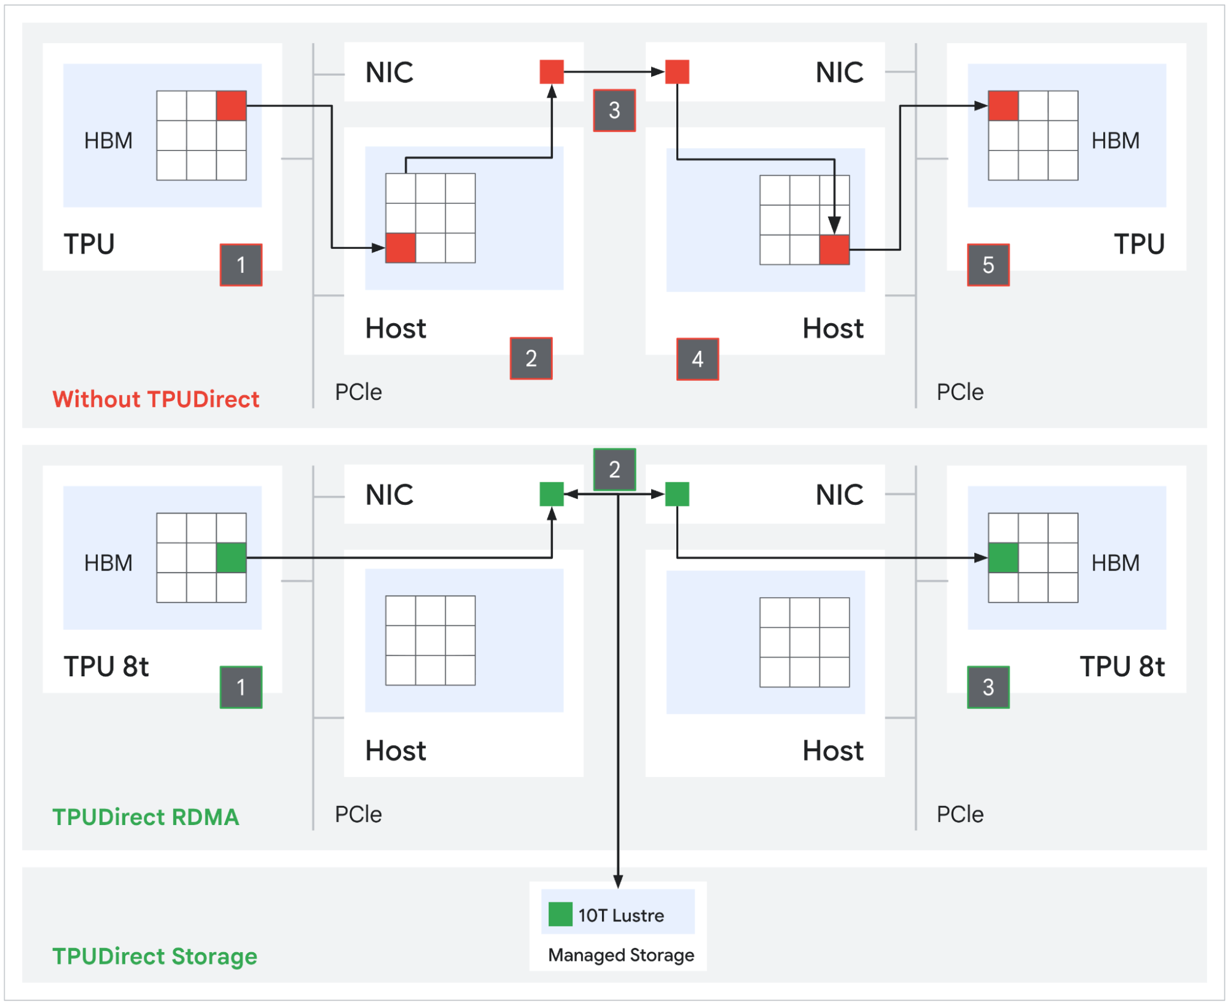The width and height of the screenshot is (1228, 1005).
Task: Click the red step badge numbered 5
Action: (x=988, y=265)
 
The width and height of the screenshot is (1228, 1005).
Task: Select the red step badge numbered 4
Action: (x=697, y=359)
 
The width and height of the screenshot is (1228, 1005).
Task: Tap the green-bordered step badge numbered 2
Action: (x=614, y=469)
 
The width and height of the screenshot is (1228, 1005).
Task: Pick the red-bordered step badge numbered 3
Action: (x=614, y=110)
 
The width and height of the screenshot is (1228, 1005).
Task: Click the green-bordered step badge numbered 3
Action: (x=988, y=687)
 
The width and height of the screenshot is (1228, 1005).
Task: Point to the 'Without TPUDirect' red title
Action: (x=155, y=399)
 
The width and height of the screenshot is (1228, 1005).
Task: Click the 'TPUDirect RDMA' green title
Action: (x=146, y=817)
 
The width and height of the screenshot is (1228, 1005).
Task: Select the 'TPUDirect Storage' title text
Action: (x=155, y=956)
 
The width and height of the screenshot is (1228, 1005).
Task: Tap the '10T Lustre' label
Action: (x=621, y=915)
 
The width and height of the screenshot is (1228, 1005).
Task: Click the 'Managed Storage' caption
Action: (x=621, y=955)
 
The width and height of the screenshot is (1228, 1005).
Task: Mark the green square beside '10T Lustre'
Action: (x=560, y=914)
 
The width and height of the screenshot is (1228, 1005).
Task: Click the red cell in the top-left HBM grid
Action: (x=231, y=106)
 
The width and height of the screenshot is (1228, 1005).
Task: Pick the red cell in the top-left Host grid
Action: (x=401, y=248)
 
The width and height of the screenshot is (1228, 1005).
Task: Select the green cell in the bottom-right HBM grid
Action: (x=1003, y=558)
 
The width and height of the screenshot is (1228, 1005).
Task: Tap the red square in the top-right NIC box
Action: (x=677, y=72)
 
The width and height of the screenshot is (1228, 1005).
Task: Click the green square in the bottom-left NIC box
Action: (x=552, y=494)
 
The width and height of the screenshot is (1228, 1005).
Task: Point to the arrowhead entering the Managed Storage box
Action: (x=618, y=882)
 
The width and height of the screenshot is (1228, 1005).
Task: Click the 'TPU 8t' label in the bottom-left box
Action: (x=106, y=667)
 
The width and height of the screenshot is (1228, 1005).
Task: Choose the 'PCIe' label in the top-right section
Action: (x=960, y=392)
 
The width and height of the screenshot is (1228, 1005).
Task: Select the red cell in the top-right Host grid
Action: (x=834, y=249)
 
